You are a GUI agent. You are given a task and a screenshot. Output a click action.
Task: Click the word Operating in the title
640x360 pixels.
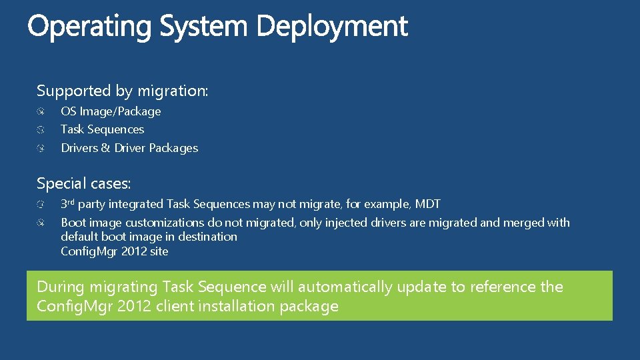point(89,27)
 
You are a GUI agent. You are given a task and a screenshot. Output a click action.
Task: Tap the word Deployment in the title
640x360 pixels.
point(331,27)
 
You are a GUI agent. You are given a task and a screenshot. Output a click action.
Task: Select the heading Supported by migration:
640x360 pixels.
point(123,91)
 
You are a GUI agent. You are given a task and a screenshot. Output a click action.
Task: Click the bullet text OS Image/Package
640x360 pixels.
point(111,111)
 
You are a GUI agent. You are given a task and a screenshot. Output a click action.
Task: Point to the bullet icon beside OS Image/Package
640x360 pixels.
point(41,111)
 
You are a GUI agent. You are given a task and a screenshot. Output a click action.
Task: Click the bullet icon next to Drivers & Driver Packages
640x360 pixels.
point(41,148)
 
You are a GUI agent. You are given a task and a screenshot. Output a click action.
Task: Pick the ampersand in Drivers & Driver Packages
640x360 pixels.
point(105,148)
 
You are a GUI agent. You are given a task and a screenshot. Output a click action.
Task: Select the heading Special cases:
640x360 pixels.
point(83,183)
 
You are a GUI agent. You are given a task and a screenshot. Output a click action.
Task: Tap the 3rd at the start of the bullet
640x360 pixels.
point(67,204)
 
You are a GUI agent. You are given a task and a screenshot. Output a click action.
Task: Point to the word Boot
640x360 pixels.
point(73,223)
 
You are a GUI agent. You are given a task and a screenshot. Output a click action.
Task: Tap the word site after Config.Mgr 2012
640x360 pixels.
point(159,251)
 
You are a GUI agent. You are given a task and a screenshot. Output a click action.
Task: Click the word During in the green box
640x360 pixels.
point(61,287)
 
